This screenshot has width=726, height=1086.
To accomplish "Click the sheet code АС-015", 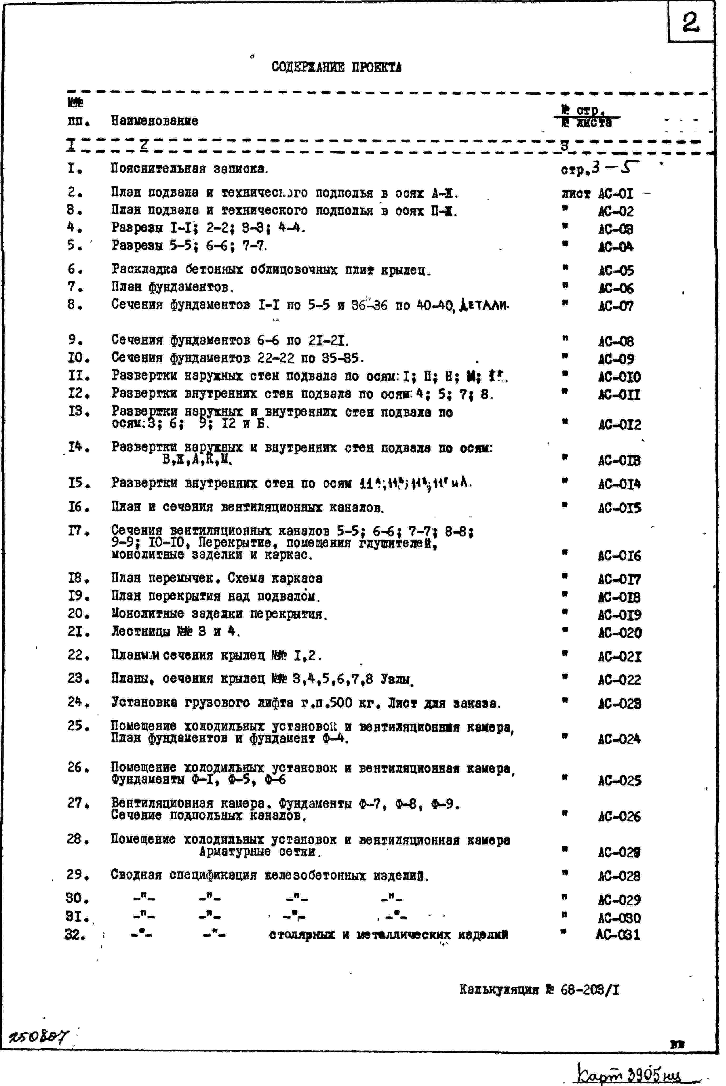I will coord(619,508).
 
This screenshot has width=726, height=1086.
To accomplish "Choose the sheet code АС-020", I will coord(619,633).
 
